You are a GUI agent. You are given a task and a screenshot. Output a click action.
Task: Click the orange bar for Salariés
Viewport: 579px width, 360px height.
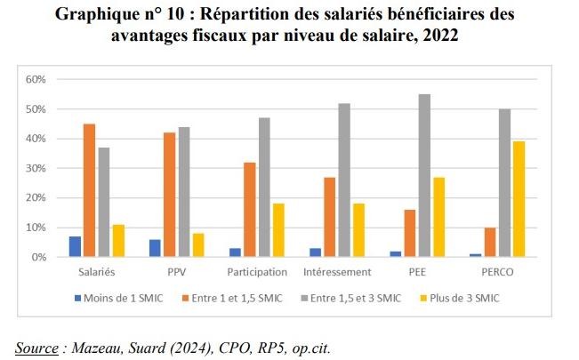click(x=90, y=191)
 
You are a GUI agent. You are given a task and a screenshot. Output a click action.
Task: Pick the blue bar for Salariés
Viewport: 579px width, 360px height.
click(x=75, y=247)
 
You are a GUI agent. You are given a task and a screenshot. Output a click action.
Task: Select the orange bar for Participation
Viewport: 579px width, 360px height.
click(x=250, y=210)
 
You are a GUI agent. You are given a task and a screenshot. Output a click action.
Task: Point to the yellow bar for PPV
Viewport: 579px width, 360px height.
click(x=197, y=246)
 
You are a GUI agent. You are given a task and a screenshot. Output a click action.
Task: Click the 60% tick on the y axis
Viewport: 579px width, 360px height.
click(x=35, y=79)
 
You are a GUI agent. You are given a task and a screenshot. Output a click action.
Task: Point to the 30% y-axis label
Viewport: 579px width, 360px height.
click(x=35, y=168)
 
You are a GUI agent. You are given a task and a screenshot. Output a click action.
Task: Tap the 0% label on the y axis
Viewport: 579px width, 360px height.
click(x=37, y=257)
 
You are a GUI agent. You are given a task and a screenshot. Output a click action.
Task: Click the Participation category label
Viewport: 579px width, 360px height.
click(x=256, y=271)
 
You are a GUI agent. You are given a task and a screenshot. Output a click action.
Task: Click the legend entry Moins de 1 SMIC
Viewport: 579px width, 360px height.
click(x=123, y=298)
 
